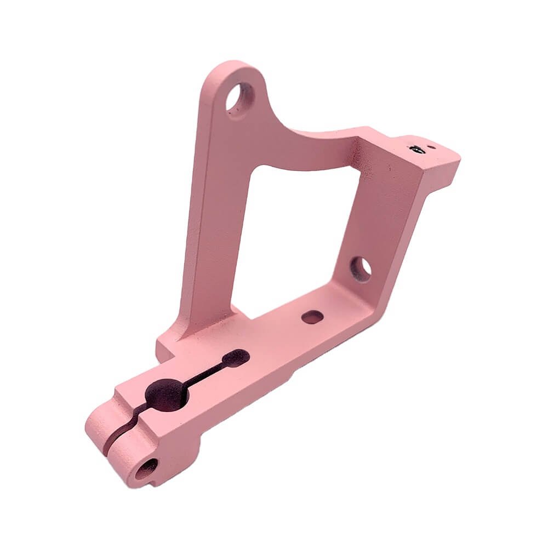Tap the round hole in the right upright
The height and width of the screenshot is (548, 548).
pyautogui.click(x=361, y=269)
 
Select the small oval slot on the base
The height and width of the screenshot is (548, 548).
pyautogui.click(x=312, y=317)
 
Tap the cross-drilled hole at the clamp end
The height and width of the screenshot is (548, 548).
pyautogui.click(x=146, y=469)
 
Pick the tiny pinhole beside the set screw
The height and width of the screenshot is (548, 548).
pyautogui.click(x=432, y=146)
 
